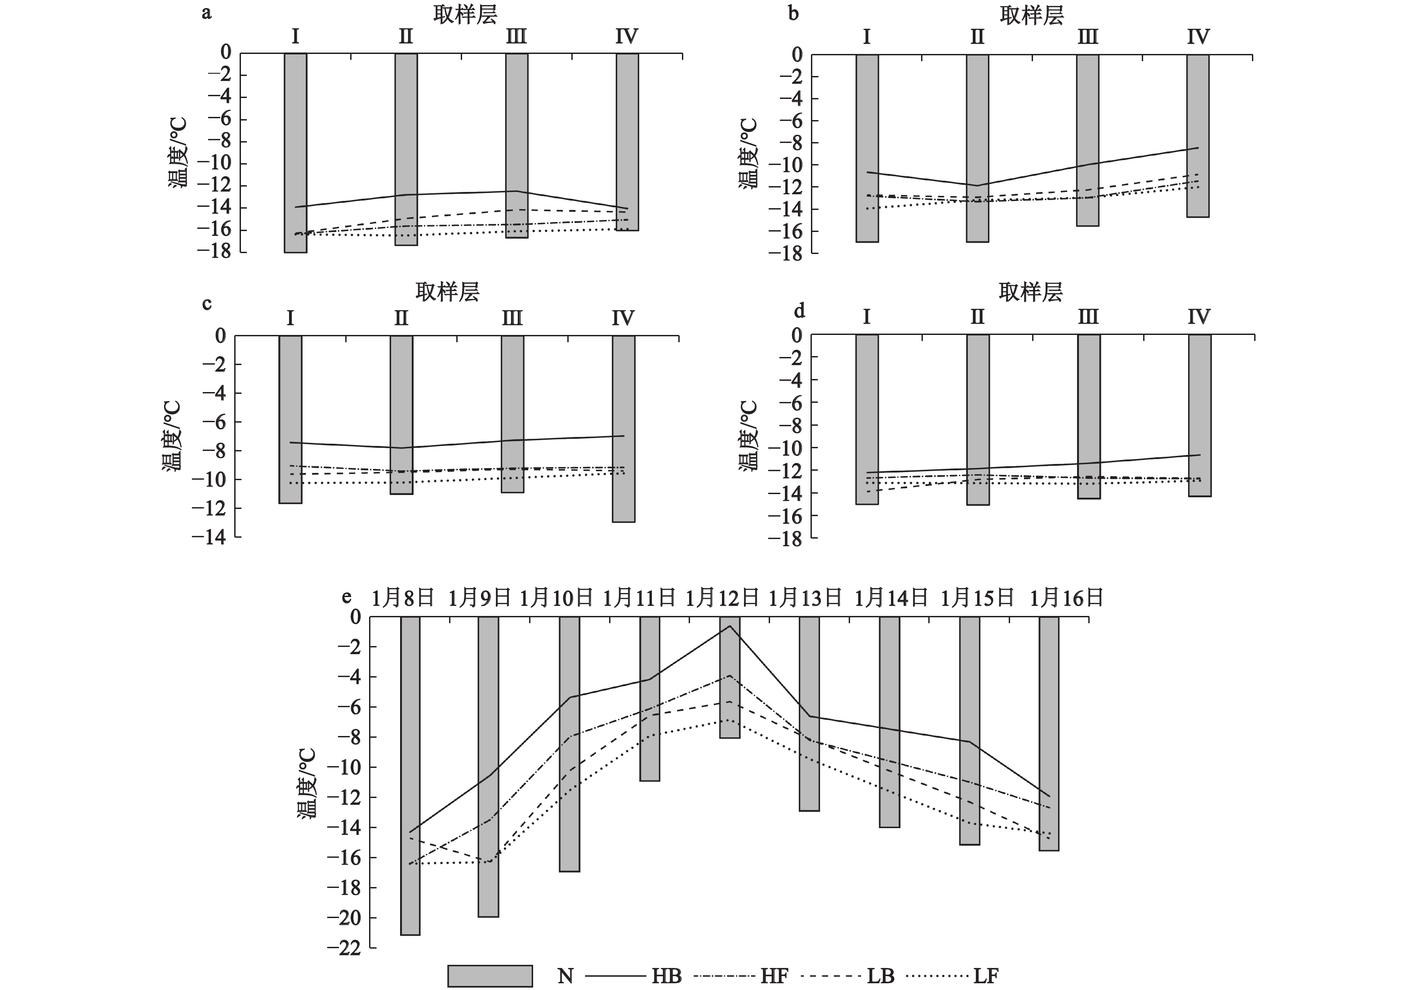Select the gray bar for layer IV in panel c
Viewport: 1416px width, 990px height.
623,429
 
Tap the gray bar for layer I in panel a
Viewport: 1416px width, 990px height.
295,153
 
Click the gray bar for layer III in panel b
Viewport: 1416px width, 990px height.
1088,140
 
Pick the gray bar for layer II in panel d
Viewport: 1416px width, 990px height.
978,419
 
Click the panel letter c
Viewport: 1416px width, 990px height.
207,303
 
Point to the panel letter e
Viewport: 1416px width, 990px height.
347,597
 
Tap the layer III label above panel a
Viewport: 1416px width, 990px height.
516,37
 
